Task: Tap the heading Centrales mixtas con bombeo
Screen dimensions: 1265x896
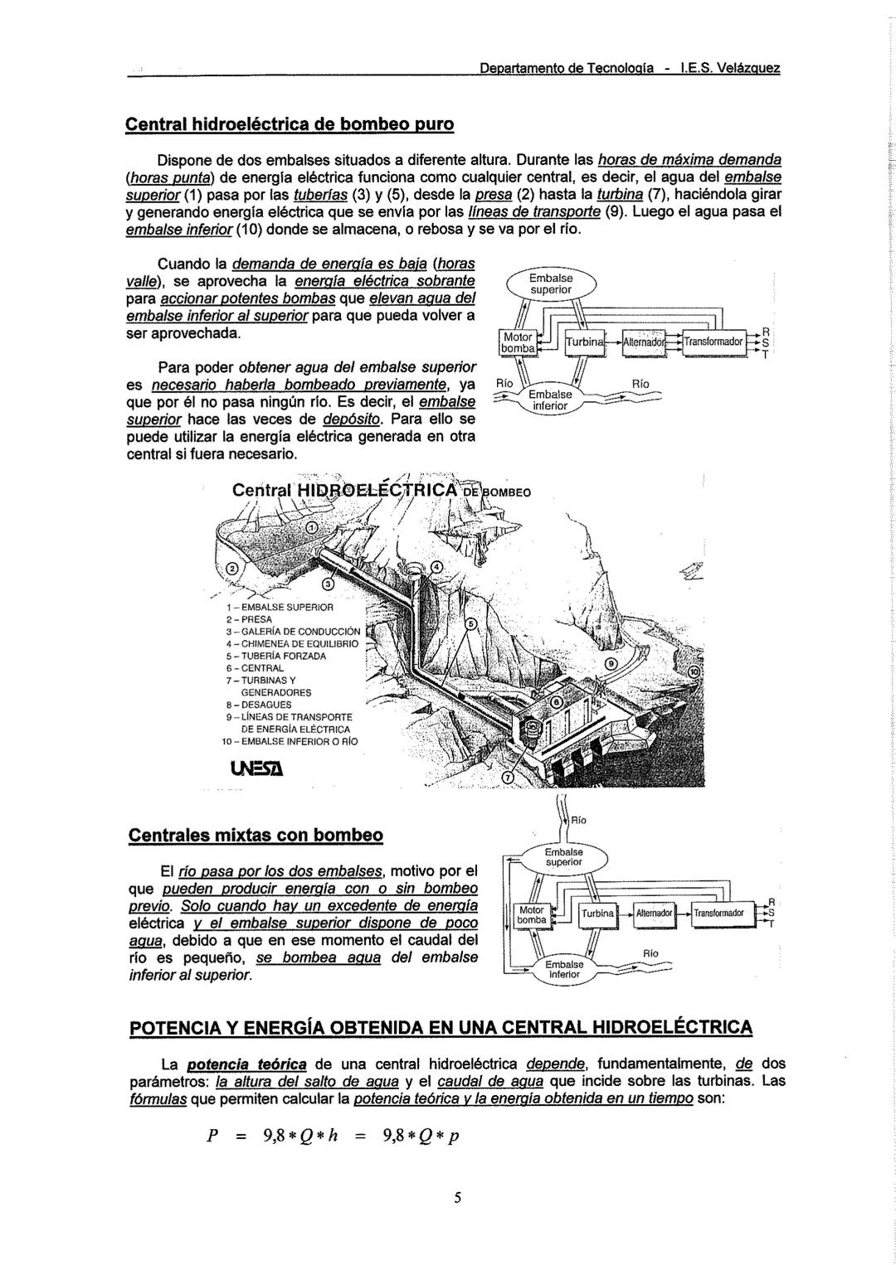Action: tap(256, 834)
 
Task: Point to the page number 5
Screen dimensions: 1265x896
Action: tap(456, 1197)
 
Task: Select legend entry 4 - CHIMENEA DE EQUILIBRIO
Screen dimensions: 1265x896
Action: tap(291, 642)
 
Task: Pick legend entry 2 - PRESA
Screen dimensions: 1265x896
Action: tap(244, 619)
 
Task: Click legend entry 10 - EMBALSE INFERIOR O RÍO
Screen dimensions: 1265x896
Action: tap(290, 741)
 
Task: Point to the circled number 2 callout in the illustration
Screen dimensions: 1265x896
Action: tap(231, 569)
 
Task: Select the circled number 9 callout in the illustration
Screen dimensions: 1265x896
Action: tap(611, 663)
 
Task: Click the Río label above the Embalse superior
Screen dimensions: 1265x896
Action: tap(578, 820)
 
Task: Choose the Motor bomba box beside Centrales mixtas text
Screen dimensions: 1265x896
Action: tap(531, 914)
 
